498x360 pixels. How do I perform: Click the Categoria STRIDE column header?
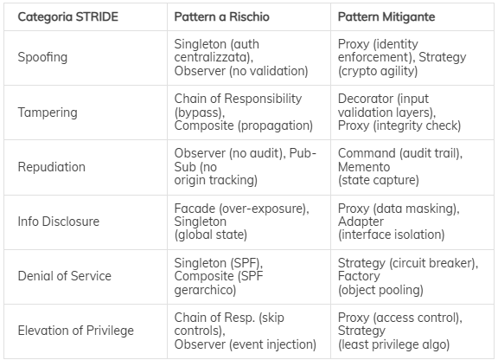click(68, 16)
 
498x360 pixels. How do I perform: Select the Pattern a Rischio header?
click(221, 16)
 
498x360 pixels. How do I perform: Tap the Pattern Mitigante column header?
click(386, 16)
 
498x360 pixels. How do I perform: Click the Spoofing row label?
click(42, 58)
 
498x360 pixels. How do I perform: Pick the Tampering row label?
click(48, 112)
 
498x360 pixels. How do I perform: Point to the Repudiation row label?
click(52, 167)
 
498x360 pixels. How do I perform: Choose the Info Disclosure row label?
click(59, 222)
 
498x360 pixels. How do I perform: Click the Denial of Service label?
click(65, 276)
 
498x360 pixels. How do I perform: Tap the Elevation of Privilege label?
click(76, 331)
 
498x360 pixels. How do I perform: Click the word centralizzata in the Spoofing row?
click(212, 57)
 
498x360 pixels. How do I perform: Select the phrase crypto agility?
click(378, 71)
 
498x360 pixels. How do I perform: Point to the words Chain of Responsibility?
click(238, 99)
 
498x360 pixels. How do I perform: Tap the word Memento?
click(364, 167)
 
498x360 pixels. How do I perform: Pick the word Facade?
click(195, 209)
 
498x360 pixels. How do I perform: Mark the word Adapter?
click(361, 222)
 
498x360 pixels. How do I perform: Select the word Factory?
click(359, 276)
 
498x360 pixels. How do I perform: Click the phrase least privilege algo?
click(394, 344)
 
